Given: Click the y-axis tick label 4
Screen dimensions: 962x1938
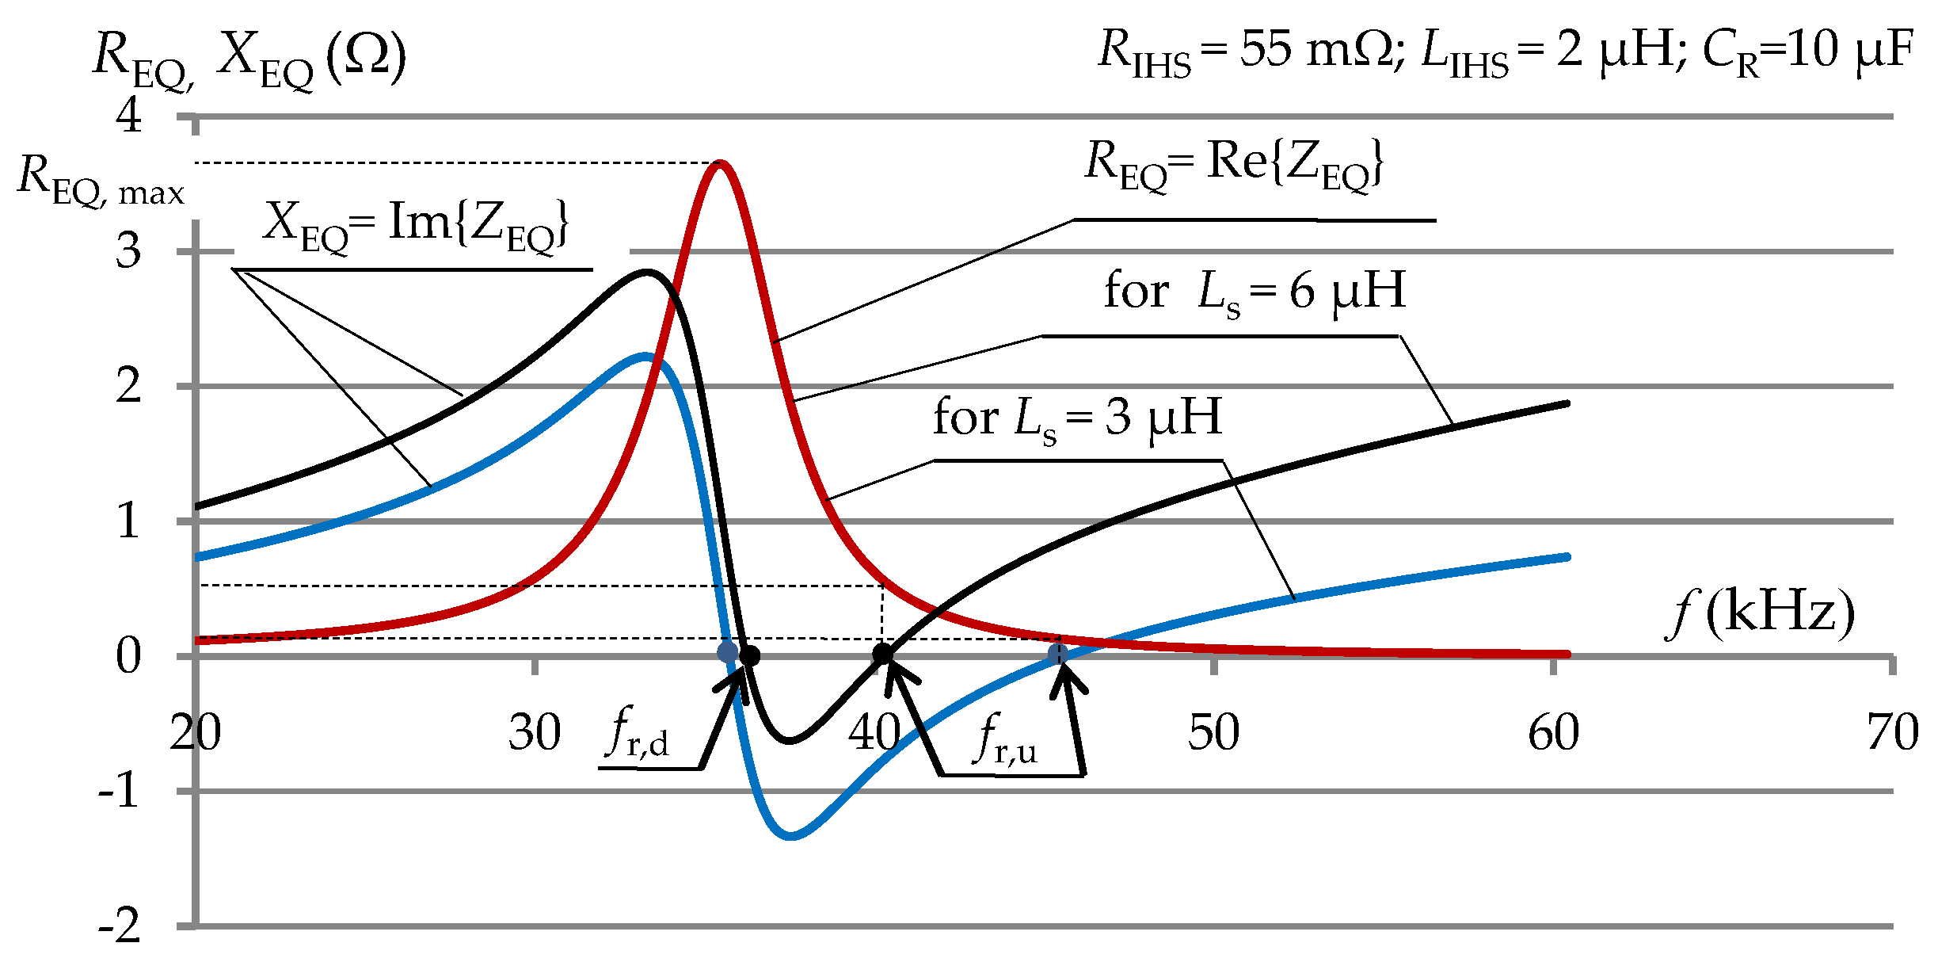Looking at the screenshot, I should (x=128, y=116).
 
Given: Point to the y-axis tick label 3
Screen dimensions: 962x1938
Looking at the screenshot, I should (x=128, y=251).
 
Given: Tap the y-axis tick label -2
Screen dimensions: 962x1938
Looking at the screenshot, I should (x=120, y=926).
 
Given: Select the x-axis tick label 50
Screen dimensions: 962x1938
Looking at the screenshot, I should (x=1213, y=732).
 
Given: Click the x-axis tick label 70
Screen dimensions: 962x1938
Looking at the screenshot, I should (x=1892, y=732).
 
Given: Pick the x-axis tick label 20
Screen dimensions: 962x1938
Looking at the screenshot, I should (x=196, y=732).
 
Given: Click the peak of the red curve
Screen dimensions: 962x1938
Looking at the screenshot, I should (x=720, y=163).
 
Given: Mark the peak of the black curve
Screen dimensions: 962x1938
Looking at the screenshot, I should (x=648, y=273).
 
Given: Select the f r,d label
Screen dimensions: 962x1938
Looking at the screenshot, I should (x=638, y=734).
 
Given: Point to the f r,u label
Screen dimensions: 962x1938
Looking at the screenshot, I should (x=1007, y=739).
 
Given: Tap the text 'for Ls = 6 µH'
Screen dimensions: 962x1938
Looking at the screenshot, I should (x=1255, y=292).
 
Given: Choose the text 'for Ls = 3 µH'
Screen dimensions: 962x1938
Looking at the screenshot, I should (x=1077, y=418).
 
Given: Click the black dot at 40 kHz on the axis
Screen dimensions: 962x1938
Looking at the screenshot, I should (x=882, y=655).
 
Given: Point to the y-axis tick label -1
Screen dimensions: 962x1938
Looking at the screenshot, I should (x=120, y=791).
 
